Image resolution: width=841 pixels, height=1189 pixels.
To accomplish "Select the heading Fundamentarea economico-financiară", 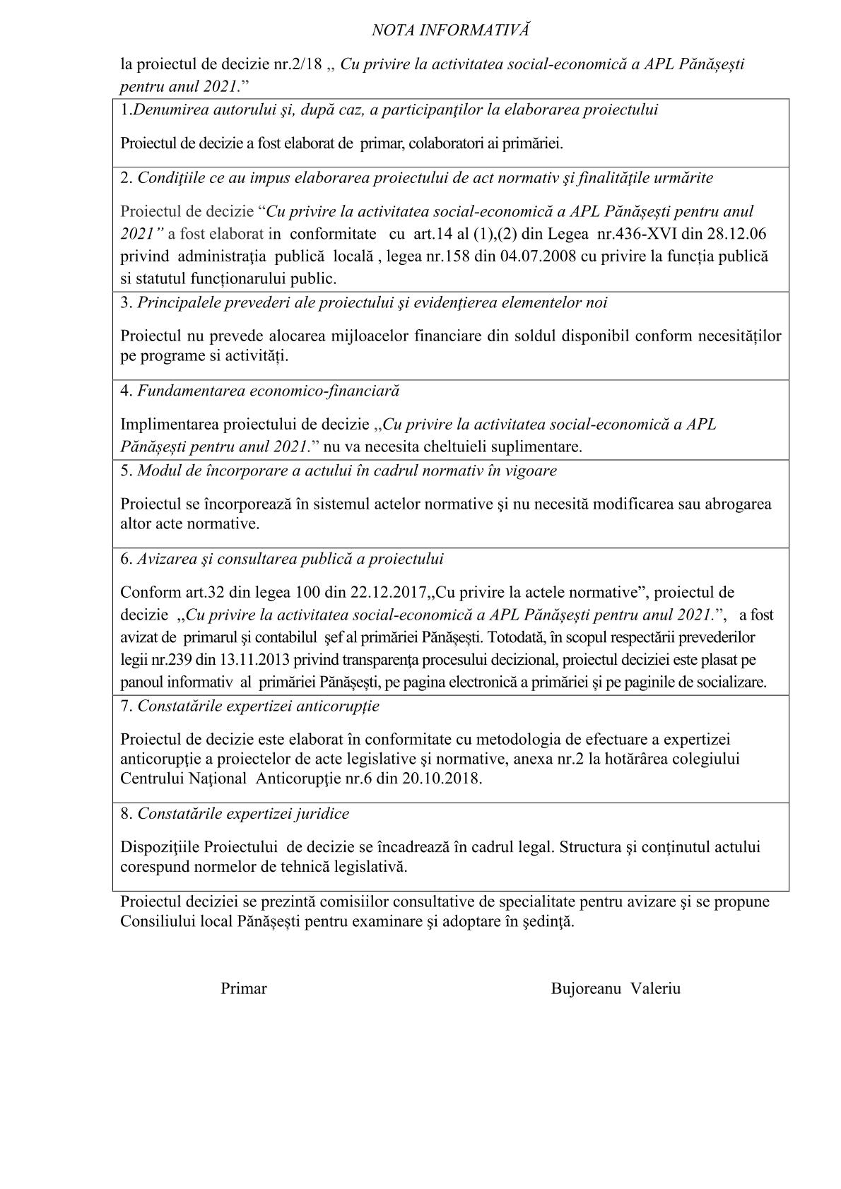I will pos(268,391).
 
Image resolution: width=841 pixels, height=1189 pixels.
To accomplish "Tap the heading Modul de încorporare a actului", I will pos(346,471).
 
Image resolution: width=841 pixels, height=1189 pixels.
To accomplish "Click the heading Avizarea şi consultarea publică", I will pos(290,559).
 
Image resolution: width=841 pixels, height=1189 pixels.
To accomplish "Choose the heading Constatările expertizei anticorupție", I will pos(258,706).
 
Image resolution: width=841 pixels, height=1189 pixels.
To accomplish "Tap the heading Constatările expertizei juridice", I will pos(243,814).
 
